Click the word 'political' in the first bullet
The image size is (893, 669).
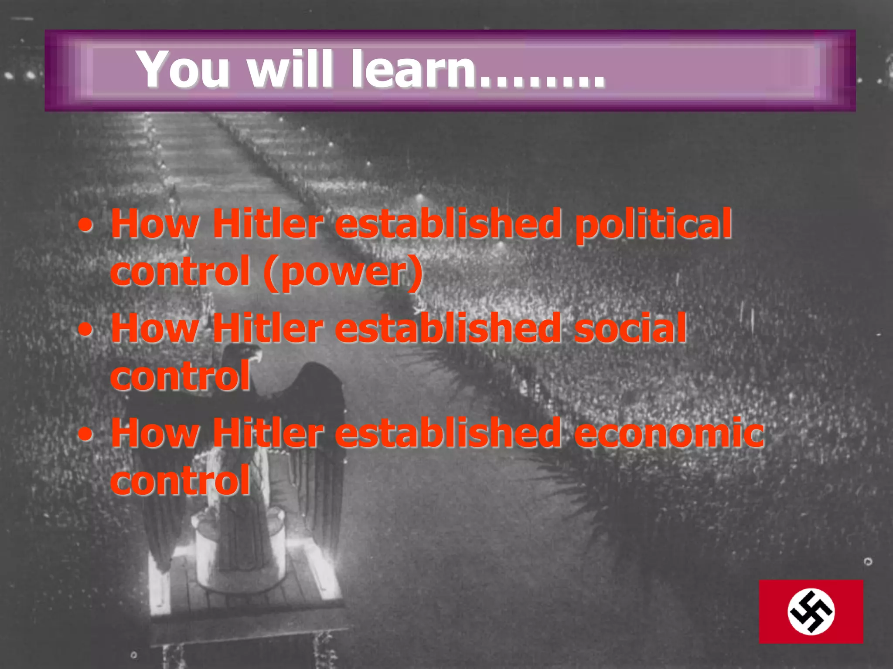tap(653, 224)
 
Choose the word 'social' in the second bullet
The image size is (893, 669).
tap(630, 329)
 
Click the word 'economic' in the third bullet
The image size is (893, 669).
tap(669, 433)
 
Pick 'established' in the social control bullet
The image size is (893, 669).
tap(448, 329)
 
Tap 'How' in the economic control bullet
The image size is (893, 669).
tap(155, 433)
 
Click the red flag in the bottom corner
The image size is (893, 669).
tap(811, 612)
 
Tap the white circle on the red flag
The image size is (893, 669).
tap(811, 612)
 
